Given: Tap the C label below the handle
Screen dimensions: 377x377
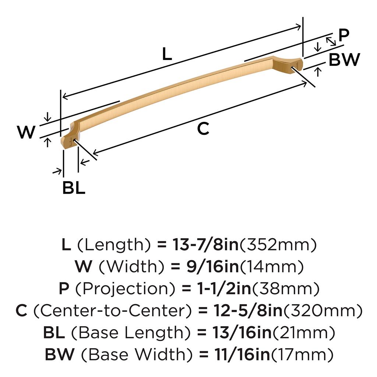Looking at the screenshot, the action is [x=203, y=128].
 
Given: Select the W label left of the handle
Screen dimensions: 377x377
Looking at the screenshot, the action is [x=26, y=132].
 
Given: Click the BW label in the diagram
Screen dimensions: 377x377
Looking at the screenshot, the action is [x=344, y=59].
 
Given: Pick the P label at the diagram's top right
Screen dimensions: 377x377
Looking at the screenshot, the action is [x=344, y=35].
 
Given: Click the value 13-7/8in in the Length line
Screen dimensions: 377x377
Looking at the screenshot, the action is [x=205, y=244].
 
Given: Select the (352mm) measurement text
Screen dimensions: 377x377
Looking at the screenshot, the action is [x=278, y=245].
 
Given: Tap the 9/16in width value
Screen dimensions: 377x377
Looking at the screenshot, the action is [x=212, y=267].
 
